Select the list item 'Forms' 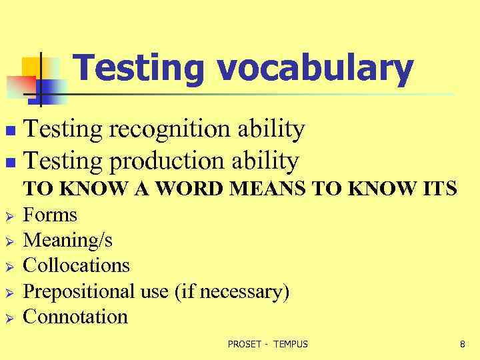pos(50,215)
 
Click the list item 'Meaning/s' pos(67,240)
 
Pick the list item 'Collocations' pos(76,265)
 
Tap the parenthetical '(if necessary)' pos(231,291)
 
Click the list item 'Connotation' pos(75,316)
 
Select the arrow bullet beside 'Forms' pos(9,216)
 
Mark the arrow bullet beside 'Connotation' pos(9,317)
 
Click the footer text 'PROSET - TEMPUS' pos(268,344)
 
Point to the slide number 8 pos(462,344)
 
